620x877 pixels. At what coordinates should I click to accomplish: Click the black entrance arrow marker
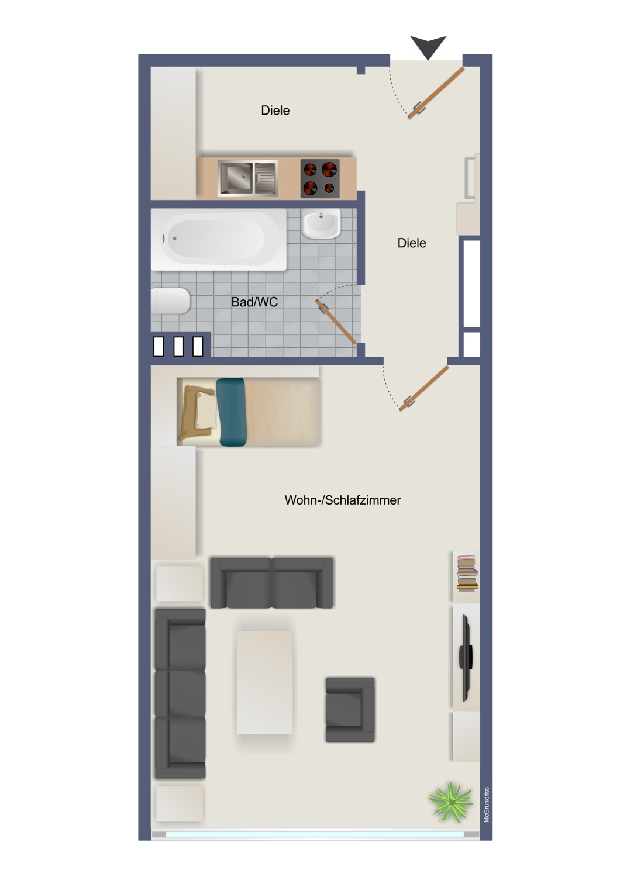[428, 46]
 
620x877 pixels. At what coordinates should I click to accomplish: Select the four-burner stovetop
[319, 178]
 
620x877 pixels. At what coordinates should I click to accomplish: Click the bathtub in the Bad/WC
[219, 239]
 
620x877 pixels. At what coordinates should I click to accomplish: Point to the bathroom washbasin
[321, 223]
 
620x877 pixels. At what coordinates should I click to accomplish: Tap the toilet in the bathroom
[170, 301]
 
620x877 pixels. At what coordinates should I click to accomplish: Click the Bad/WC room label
[254, 302]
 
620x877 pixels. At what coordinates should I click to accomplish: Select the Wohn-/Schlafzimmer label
[343, 500]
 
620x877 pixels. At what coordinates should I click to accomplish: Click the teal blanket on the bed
[232, 412]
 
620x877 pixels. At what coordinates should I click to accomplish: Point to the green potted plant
[451, 802]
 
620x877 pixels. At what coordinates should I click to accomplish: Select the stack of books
[467, 573]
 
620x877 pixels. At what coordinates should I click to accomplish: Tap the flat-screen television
[466, 658]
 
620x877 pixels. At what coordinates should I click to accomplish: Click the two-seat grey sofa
[271, 583]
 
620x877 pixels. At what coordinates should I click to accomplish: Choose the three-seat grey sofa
[180, 693]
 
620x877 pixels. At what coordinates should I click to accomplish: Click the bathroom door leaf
[336, 322]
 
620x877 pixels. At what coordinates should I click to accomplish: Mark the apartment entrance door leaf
[436, 93]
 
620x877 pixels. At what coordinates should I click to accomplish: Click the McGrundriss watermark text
[487, 805]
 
